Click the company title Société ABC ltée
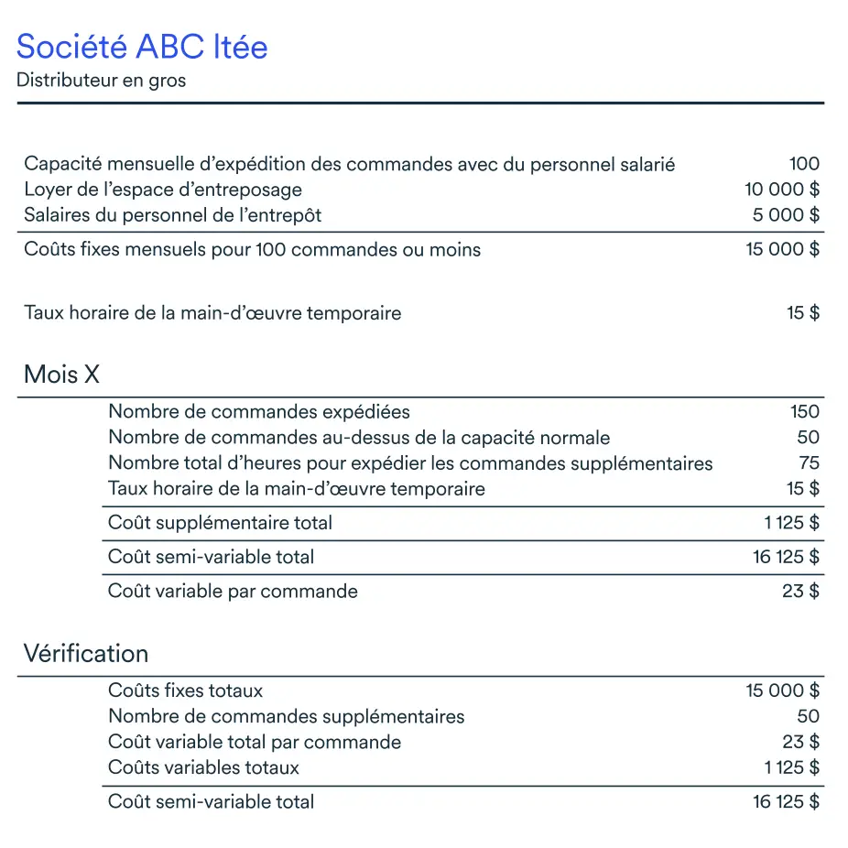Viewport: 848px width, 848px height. (142, 46)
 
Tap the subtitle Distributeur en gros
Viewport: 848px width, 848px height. (101, 81)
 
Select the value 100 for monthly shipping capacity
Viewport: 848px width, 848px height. (804, 164)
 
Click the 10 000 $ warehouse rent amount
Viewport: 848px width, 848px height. (782, 190)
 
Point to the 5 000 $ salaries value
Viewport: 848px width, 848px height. (786, 215)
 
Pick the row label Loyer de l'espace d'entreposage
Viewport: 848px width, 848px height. (163, 190)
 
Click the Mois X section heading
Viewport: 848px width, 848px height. (61, 375)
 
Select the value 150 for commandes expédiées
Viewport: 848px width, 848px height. (805, 411)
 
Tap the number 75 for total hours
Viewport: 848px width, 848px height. (809, 462)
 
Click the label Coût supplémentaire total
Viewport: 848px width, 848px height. (220, 523)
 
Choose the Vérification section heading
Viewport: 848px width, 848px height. (85, 654)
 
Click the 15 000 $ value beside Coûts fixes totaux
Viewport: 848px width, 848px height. (783, 690)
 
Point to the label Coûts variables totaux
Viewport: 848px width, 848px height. (203, 767)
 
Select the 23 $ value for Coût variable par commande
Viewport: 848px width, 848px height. (800, 591)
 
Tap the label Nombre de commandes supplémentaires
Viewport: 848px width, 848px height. (286, 716)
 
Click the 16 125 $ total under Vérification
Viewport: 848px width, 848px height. (786, 801)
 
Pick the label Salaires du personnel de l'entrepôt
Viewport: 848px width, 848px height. (173, 215)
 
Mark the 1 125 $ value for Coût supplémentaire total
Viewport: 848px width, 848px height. (791, 523)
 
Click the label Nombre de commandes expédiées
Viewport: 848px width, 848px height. (259, 411)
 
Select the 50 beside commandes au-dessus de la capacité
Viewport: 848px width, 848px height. (809, 437)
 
